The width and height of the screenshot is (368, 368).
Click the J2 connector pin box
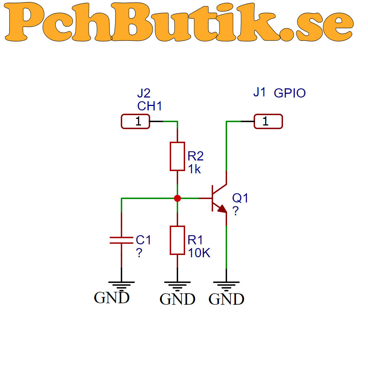click(135, 121)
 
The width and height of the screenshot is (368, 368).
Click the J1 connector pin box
click(268, 121)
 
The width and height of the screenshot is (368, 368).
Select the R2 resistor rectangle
click(177, 156)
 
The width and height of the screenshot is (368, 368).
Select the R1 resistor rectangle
click(177, 240)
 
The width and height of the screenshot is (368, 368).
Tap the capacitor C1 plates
click(121, 240)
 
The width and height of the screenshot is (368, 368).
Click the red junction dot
click(177, 198)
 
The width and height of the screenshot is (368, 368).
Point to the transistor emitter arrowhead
click(223, 209)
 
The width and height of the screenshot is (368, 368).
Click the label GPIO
click(290, 93)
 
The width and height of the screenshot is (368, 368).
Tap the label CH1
click(149, 106)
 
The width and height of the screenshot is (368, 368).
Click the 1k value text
click(194, 169)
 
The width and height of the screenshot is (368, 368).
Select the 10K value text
click(199, 253)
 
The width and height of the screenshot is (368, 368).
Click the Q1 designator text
click(240, 198)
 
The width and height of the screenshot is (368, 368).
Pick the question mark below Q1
click(236, 211)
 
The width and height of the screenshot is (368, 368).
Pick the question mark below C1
click(139, 253)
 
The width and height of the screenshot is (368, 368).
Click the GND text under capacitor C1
click(112, 298)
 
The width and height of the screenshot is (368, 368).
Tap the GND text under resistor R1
click(177, 299)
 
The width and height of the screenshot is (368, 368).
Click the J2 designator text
click(144, 93)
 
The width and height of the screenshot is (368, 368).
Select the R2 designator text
click(195, 156)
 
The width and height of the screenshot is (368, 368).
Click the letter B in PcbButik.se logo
click(131, 22)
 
